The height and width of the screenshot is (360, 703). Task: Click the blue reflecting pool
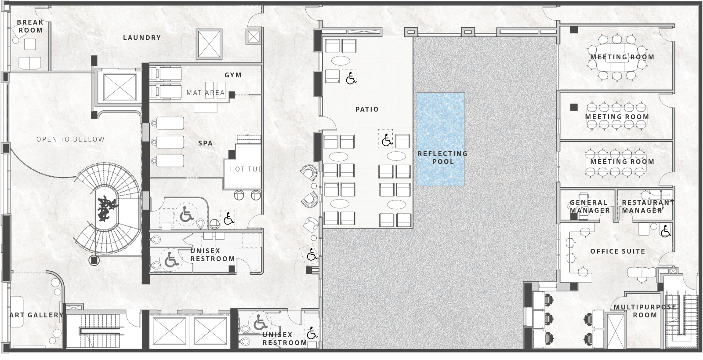click(x=441, y=139)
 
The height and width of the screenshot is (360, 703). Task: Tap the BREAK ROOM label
click(x=30, y=26)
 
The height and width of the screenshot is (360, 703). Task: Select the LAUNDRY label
click(x=142, y=38)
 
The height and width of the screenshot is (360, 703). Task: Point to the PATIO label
click(x=367, y=109)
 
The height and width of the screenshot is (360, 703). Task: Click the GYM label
click(x=233, y=75)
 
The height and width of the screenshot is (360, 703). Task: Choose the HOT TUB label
click(x=246, y=169)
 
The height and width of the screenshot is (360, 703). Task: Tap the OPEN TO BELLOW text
click(x=70, y=139)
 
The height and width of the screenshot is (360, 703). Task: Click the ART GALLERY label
click(x=36, y=315)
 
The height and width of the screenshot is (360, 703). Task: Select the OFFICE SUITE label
click(x=618, y=251)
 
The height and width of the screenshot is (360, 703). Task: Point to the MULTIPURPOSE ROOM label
click(x=645, y=311)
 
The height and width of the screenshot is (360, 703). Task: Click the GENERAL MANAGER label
click(x=590, y=207)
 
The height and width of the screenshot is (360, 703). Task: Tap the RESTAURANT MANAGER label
click(x=648, y=207)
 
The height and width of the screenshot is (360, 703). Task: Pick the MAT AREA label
click(x=206, y=93)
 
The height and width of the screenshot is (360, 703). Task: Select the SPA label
click(x=206, y=143)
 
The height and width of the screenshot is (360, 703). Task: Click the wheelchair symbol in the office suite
click(x=666, y=232)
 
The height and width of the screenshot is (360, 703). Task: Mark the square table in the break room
click(x=30, y=44)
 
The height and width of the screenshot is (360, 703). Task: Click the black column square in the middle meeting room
click(x=574, y=107)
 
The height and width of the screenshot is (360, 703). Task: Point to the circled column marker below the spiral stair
click(x=94, y=260)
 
